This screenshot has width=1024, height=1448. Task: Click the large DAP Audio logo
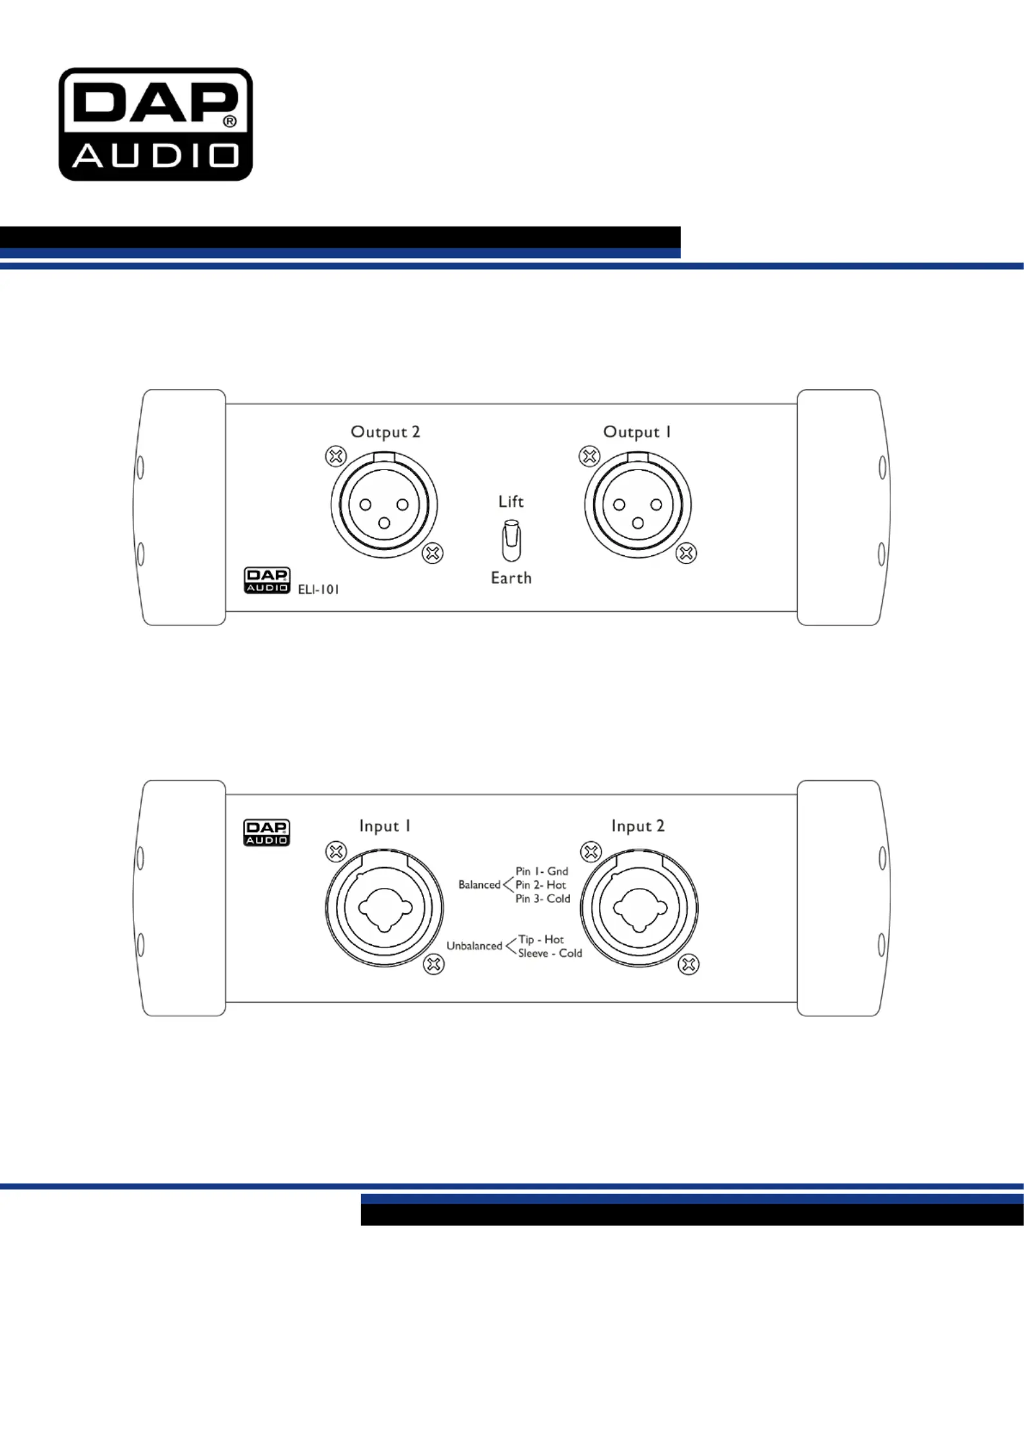[155, 124]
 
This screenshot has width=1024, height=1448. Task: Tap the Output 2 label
[385, 432]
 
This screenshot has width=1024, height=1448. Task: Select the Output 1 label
[637, 432]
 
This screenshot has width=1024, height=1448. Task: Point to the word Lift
[511, 501]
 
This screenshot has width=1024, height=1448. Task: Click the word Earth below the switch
[511, 578]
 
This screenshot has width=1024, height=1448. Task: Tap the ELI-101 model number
[319, 589]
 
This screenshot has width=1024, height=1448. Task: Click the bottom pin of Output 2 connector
[384, 523]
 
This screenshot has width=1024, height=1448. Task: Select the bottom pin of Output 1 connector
[638, 523]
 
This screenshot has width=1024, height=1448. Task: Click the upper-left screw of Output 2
[335, 457]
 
